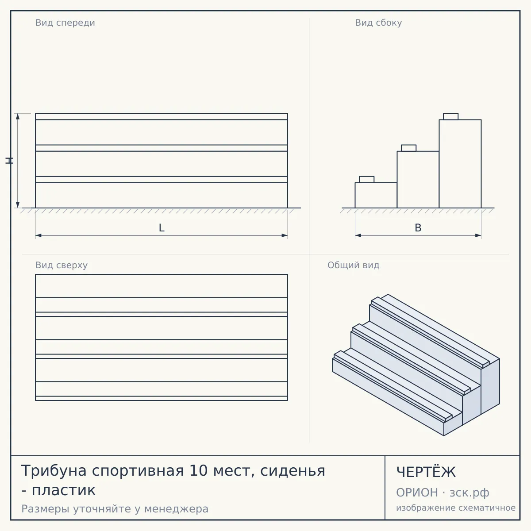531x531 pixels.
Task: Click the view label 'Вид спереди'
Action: [65, 23]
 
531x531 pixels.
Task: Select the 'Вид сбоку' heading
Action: [378, 23]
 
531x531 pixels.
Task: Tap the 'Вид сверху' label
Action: [62, 265]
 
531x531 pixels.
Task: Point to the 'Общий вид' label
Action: [353, 265]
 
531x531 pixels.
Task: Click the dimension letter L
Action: [162, 228]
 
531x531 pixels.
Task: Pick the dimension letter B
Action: [418, 228]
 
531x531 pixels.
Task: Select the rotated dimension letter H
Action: [9, 161]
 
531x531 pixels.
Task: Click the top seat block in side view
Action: [450, 116]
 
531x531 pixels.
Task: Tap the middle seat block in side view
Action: [408, 148]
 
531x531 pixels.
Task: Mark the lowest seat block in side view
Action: [366, 179]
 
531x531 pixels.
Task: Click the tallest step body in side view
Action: [460, 164]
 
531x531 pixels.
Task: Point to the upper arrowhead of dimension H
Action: [18, 116]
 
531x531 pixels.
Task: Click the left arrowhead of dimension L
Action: [38, 235]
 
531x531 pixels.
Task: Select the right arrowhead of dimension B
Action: [478, 235]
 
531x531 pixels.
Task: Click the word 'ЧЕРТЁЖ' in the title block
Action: [426, 472]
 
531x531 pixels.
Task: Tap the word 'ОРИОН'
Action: [417, 493]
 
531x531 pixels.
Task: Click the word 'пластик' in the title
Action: [64, 490]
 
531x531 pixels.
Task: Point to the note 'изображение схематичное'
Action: [456, 508]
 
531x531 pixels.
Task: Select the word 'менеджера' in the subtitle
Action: [177, 509]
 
